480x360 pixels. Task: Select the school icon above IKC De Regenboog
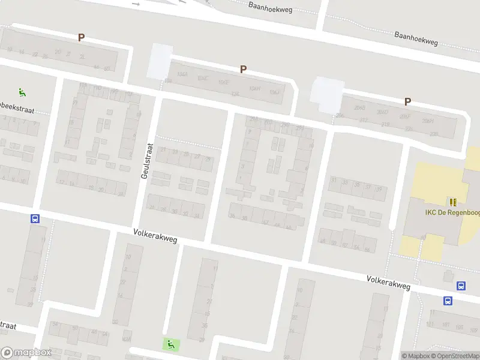(x=453, y=202)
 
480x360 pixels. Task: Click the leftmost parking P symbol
(x=81, y=37)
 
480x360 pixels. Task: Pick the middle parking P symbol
(x=243, y=69)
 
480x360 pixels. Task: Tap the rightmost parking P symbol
(x=407, y=102)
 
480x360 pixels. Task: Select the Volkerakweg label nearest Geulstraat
(x=155, y=235)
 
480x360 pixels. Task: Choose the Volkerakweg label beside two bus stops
(x=388, y=283)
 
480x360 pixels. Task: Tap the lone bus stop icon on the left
(x=35, y=219)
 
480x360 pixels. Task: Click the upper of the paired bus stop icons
(x=461, y=286)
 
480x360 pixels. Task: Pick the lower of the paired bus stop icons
(x=448, y=301)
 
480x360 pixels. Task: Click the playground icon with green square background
(x=171, y=344)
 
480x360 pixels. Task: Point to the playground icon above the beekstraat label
(x=22, y=92)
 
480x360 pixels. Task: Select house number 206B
(x=359, y=108)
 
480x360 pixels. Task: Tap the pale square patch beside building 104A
(x=160, y=61)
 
